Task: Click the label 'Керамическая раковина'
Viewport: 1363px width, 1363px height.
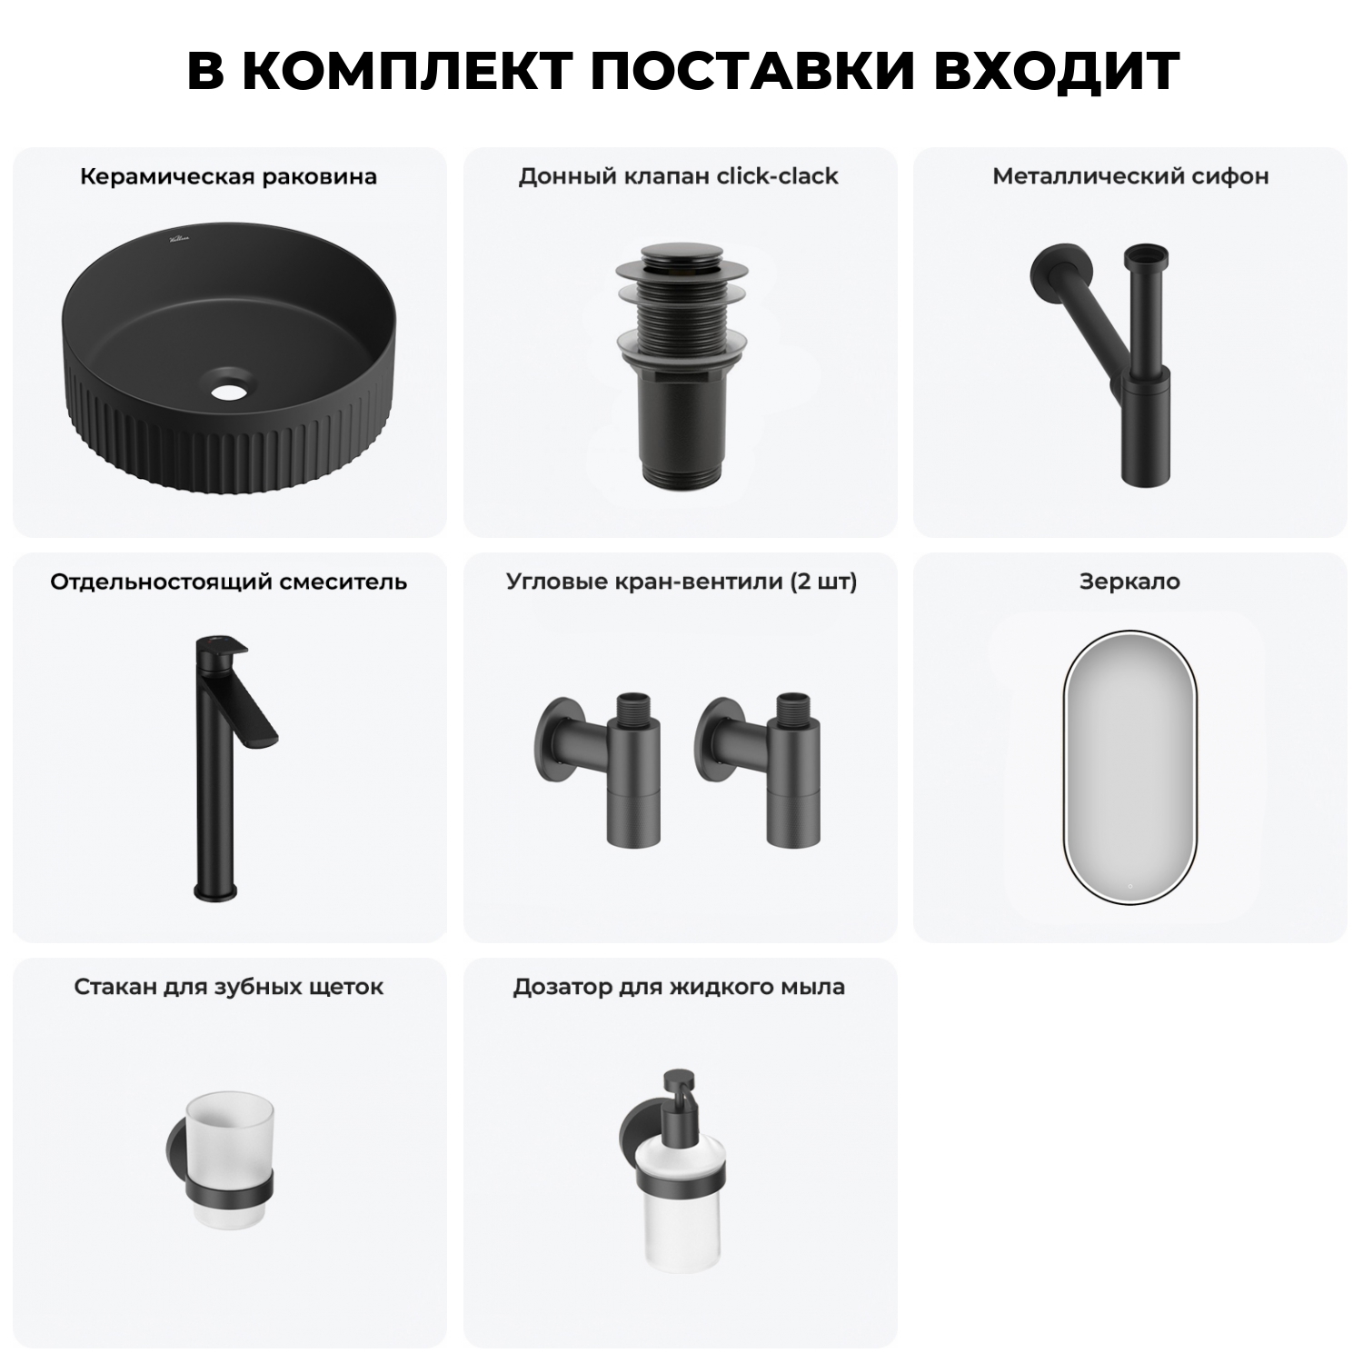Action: [228, 176]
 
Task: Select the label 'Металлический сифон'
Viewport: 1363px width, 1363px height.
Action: [1130, 176]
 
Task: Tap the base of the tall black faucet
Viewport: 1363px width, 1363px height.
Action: [214, 891]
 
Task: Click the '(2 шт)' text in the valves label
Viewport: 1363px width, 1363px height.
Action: [823, 582]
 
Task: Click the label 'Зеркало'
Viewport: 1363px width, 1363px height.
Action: [1129, 582]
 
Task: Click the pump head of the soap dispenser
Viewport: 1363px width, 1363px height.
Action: [678, 1090]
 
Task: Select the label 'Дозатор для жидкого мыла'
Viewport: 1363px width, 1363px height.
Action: [679, 987]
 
